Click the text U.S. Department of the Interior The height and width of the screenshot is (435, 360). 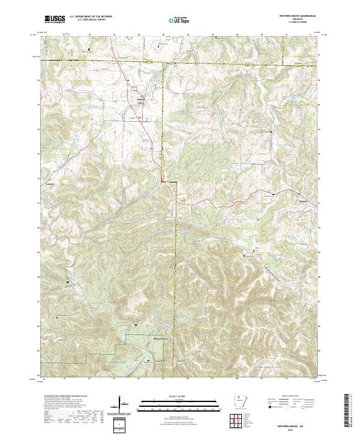point(86,17)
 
